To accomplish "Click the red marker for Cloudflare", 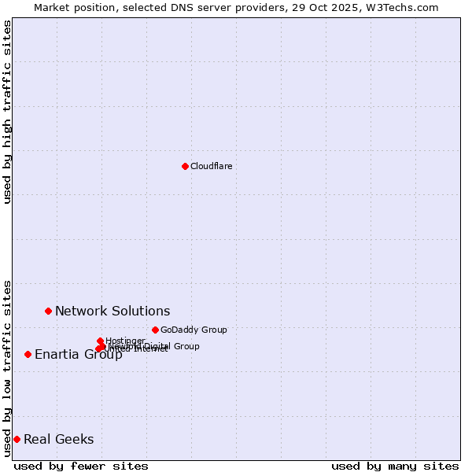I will tap(185, 166).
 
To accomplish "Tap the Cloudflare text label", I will tap(211, 166).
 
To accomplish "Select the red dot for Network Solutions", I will tap(48, 311).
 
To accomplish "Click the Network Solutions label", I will tap(112, 311).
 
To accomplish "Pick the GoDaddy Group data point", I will tap(155, 330).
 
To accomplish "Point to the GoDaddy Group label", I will tap(194, 330).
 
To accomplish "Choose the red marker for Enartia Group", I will tap(28, 354).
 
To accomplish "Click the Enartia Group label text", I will tap(78, 354).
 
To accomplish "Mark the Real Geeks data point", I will tap(17, 439).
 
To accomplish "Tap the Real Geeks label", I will tap(58, 439).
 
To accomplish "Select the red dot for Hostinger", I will tap(100, 341).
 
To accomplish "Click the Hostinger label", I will tap(125, 341).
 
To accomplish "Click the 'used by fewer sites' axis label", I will tap(81, 466).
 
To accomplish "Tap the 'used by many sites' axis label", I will tap(395, 466).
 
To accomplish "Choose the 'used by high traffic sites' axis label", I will tap(7, 112).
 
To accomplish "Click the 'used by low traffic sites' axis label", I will tap(7, 367).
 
